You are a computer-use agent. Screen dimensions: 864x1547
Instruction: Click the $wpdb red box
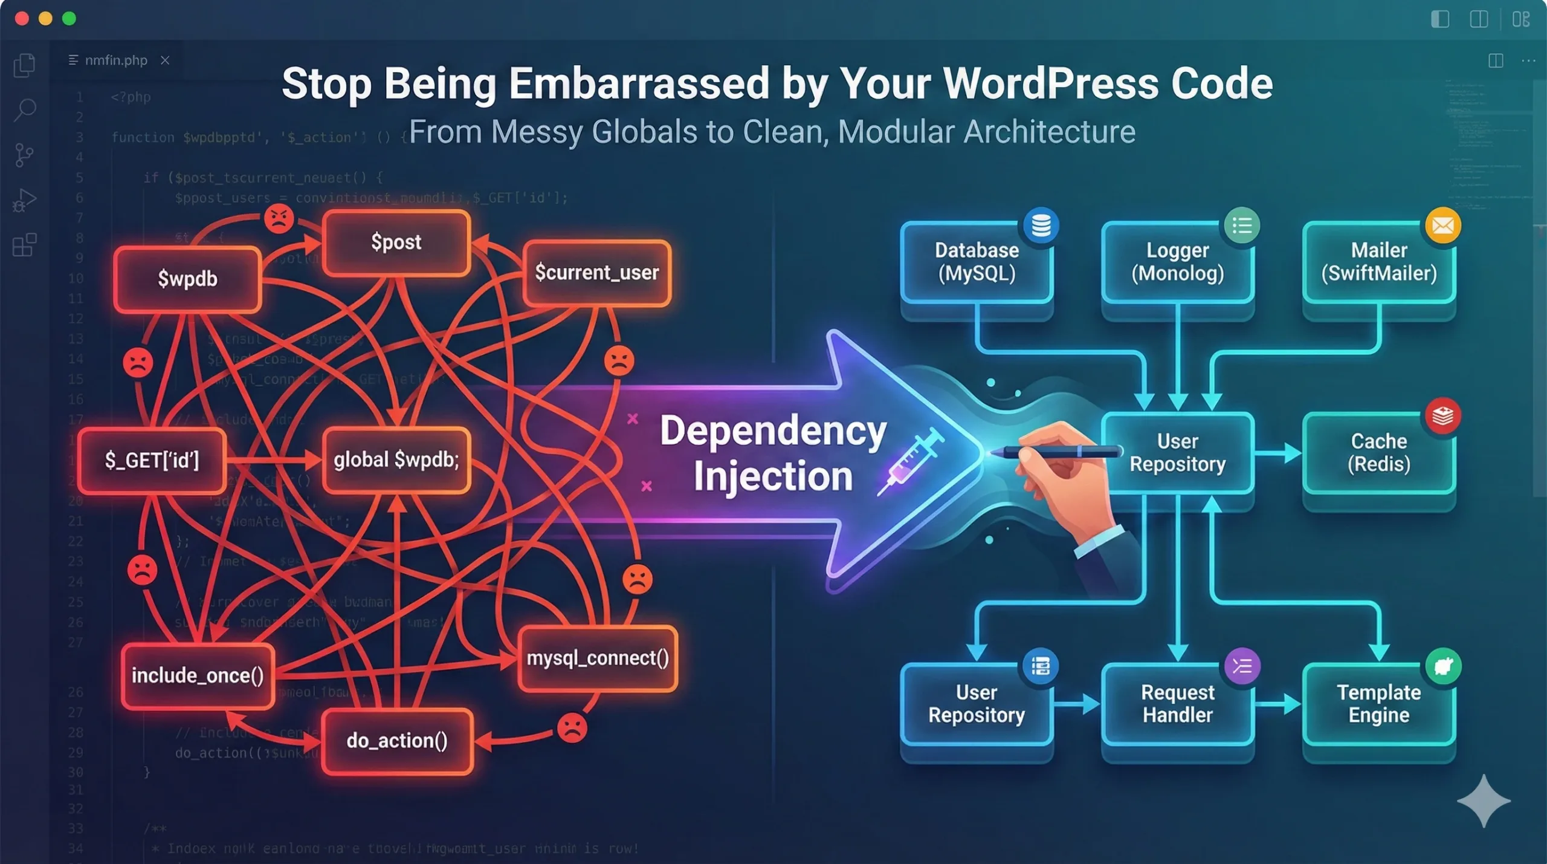pyautogui.click(x=187, y=279)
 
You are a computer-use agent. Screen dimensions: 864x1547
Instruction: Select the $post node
pyautogui.click(x=396, y=242)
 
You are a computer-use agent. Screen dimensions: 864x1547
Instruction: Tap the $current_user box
pyautogui.click(x=596, y=273)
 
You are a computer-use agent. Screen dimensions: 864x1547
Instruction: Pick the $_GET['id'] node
pyautogui.click(x=152, y=460)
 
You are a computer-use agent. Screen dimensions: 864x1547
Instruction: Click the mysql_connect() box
pyautogui.click(x=598, y=658)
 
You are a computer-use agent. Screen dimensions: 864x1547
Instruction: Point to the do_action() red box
pyautogui.click(x=397, y=741)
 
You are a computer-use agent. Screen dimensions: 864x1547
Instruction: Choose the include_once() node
pyautogui.click(x=198, y=675)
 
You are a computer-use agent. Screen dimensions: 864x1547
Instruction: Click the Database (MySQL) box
pyautogui.click(x=977, y=262)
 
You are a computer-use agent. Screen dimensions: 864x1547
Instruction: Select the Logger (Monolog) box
pyautogui.click(x=1177, y=262)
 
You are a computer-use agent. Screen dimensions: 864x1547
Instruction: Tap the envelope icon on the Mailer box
pyautogui.click(x=1443, y=226)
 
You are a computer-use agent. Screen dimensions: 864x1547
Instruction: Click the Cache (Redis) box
pyautogui.click(x=1378, y=453)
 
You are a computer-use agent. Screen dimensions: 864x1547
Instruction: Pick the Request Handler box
pyautogui.click(x=1177, y=704)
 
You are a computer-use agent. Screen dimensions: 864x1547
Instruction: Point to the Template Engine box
pyautogui.click(x=1378, y=704)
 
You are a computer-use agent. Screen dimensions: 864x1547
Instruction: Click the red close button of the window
pyautogui.click(x=22, y=19)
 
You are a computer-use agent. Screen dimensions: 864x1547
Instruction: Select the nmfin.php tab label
pyautogui.click(x=116, y=60)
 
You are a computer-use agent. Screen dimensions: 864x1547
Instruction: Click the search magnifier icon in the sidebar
pyautogui.click(x=25, y=110)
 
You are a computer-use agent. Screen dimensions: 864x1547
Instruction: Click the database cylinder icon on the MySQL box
pyautogui.click(x=1041, y=226)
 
